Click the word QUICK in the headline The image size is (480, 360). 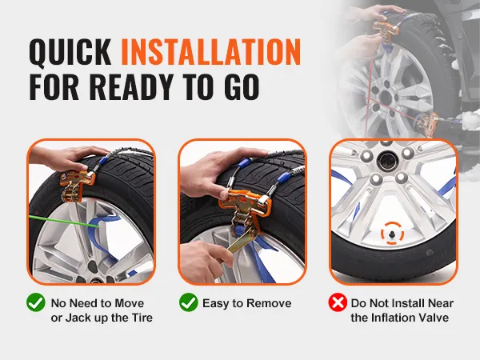coord(70,52)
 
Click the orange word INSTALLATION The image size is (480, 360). coord(211,52)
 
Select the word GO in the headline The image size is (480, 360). coord(242,86)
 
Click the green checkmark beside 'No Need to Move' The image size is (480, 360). coord(36,302)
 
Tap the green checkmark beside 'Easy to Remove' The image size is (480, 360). coord(188,302)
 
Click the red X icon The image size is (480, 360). coord(338,302)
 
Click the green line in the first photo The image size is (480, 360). coord(64,222)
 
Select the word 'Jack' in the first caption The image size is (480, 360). coord(76,318)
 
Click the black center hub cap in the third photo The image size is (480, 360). coord(387,162)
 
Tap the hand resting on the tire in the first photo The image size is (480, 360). coord(67,158)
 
